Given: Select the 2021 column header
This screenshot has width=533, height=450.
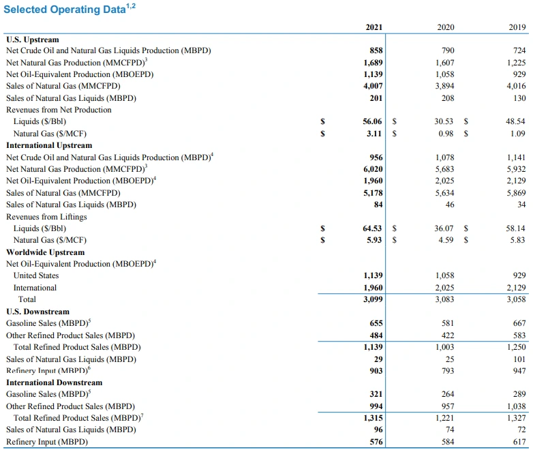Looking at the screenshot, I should tap(374, 27).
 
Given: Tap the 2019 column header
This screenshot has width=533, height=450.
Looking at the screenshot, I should tap(517, 27).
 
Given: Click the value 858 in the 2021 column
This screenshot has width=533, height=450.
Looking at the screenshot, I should tap(376, 50).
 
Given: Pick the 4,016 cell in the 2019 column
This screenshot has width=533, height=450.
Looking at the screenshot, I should tap(517, 86).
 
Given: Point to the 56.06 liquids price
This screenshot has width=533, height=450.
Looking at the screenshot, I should tap(372, 121).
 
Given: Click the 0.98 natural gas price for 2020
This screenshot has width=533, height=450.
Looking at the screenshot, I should tap(446, 134).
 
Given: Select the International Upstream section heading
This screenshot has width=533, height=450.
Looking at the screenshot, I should tap(49, 145).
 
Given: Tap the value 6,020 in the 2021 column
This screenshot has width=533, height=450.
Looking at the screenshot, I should tap(373, 169).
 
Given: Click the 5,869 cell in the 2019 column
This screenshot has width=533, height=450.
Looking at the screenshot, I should tap(517, 193).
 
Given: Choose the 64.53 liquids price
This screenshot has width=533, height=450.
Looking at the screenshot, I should tap(372, 228).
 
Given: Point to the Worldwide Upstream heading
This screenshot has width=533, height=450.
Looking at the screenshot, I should tap(46, 252).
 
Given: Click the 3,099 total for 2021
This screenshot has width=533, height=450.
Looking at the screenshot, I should tap(373, 299).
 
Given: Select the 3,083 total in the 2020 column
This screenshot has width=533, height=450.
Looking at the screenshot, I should tap(444, 299).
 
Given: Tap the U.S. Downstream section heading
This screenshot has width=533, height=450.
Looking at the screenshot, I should tap(37, 312).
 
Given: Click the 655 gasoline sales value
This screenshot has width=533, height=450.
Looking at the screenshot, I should tap(376, 323).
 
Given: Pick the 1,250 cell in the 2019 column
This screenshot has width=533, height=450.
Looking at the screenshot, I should tap(517, 347).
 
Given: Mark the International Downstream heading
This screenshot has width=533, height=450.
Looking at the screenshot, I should tap(54, 382).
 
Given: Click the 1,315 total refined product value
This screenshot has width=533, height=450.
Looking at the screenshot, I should tap(373, 418).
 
